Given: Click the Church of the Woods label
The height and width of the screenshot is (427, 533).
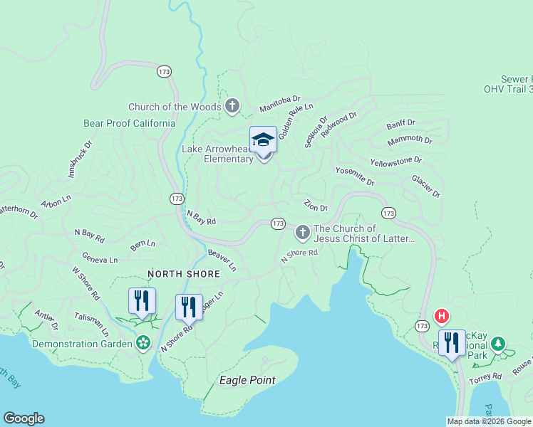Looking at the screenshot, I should (174, 107).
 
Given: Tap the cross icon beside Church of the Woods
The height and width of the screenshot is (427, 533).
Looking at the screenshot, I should (232, 107).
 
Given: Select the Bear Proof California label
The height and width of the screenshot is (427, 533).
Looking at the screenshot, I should (129, 123).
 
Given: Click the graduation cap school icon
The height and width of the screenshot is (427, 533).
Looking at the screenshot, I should (263, 139).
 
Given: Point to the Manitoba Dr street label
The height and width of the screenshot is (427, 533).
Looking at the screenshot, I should (281, 104).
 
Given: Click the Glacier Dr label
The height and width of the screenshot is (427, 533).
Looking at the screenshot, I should (426, 186).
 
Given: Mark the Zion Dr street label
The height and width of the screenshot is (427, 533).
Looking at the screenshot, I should (315, 206).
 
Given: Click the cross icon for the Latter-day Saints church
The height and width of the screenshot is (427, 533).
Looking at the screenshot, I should (302, 232).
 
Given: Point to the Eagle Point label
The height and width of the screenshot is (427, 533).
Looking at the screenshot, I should (247, 380).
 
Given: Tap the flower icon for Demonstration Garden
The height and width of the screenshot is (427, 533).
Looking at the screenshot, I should (143, 343).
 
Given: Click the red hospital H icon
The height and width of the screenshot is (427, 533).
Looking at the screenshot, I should (442, 315).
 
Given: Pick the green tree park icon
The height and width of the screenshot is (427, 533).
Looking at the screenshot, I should (498, 344).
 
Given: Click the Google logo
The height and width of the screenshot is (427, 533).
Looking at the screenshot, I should (24, 418).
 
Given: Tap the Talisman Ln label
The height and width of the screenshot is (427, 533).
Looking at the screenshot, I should (92, 324).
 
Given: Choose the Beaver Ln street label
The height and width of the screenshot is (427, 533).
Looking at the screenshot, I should (222, 260).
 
